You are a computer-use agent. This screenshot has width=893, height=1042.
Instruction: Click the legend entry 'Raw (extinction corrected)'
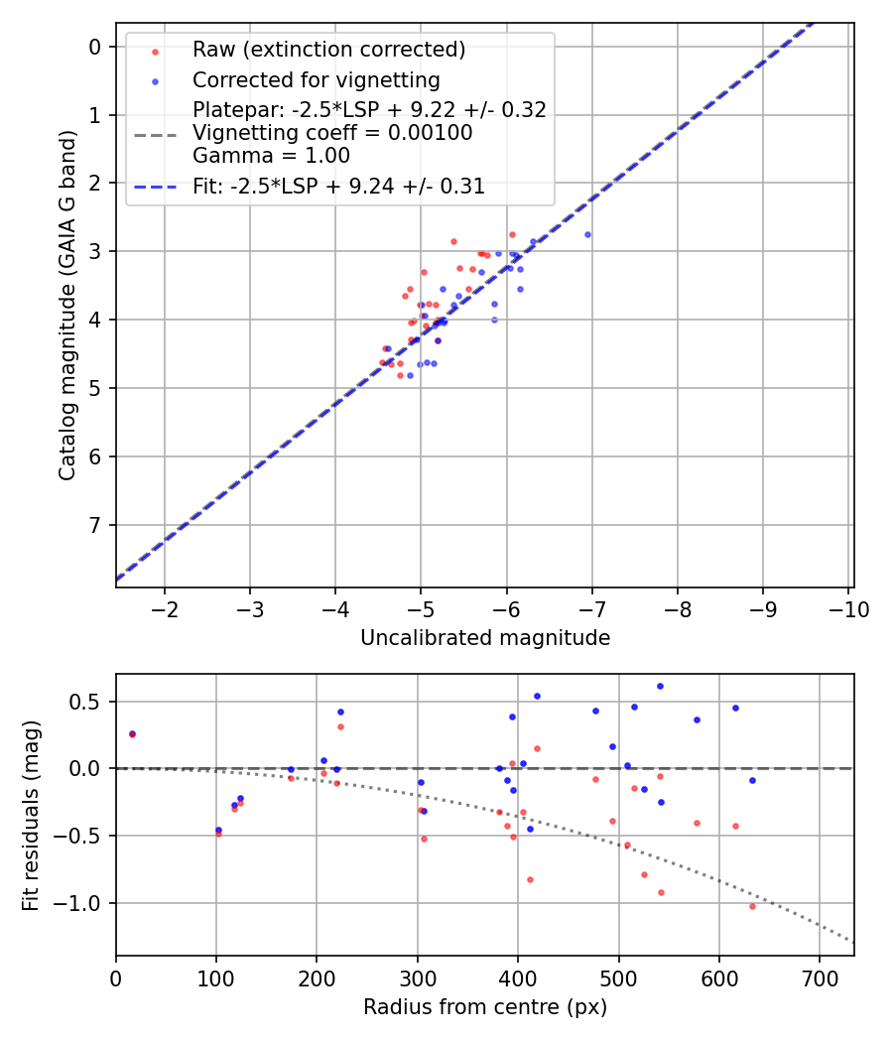[x=328, y=50]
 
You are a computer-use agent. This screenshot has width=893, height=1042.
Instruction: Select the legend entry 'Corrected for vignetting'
[x=316, y=79]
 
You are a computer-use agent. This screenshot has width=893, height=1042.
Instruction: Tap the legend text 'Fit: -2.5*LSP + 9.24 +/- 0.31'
[x=338, y=186]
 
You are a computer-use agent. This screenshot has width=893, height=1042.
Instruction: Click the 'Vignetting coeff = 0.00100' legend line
[x=332, y=133]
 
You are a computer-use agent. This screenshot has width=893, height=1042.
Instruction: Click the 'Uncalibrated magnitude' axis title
[x=484, y=638]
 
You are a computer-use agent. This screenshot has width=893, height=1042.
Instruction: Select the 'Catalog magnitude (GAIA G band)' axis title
[x=66, y=305]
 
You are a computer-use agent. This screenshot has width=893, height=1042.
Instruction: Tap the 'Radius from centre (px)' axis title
[x=484, y=1007]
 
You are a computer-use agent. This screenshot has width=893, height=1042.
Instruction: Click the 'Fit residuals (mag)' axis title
[x=31, y=816]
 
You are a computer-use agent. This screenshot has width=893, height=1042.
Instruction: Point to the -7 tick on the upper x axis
[x=592, y=608]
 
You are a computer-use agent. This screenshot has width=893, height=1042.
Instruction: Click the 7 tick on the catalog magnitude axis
[x=95, y=525]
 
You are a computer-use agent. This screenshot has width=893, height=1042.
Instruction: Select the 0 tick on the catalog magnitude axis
[x=95, y=47]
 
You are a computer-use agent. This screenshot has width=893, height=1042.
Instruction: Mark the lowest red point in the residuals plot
[x=752, y=906]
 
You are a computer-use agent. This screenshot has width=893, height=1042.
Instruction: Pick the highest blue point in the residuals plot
[x=660, y=686]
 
